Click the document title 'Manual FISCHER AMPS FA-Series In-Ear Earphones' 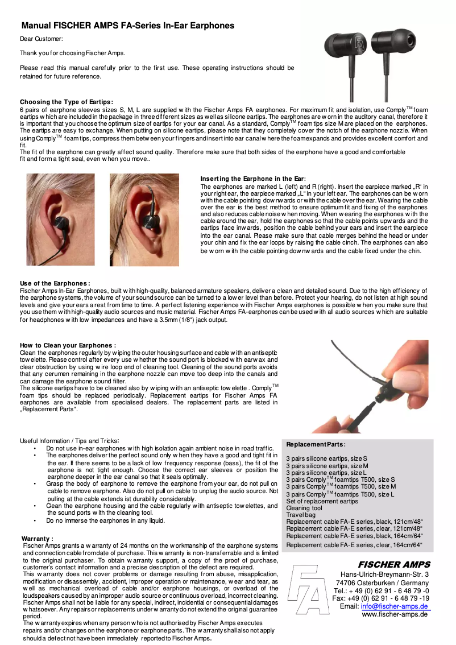tap(128, 26)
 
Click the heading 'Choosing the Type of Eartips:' tap(67, 102)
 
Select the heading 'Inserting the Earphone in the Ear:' tap(253, 179)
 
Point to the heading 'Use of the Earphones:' tap(55, 283)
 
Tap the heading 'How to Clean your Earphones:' tap(68, 345)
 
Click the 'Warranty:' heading tap(38, 538)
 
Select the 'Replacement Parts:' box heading tap(316, 444)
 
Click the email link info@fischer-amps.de tap(395, 606)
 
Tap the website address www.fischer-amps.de tap(394, 615)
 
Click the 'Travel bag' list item tap(300, 515)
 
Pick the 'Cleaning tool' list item tap(304, 508)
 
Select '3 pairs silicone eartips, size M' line tap(327, 466)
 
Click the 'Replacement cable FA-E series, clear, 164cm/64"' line tap(354, 545)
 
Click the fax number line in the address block tap(380, 598)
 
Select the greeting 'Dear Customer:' tap(42, 39)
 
